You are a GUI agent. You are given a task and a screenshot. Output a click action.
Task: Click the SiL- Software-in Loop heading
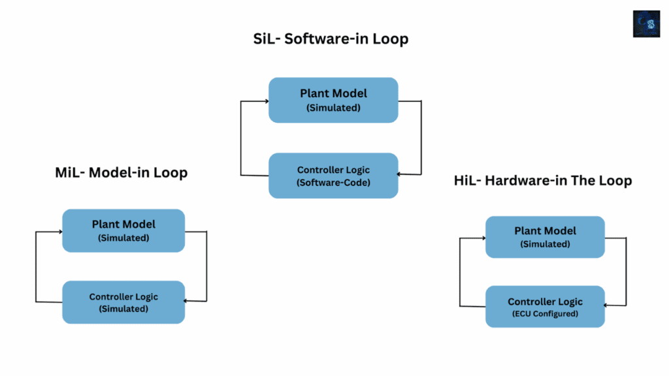(331, 39)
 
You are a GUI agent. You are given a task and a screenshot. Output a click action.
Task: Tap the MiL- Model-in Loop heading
(122, 173)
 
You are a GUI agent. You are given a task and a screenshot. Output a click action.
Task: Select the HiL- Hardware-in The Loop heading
(543, 180)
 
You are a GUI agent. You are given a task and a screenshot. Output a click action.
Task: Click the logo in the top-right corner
(646, 23)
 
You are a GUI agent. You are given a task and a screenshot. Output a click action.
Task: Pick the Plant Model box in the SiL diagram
(333, 100)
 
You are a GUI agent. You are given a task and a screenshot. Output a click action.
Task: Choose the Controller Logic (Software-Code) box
(333, 176)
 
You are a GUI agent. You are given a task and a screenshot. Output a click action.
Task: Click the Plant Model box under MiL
(123, 230)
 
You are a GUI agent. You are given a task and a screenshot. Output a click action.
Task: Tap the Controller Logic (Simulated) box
(123, 302)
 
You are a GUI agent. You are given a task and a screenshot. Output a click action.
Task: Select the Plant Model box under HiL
(545, 237)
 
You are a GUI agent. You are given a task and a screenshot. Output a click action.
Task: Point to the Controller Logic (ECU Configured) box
(545, 307)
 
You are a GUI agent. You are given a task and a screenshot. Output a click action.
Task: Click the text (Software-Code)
(333, 183)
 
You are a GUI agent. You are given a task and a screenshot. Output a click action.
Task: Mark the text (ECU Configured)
(545, 314)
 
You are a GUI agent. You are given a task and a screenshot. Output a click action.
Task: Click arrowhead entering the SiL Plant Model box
(266, 101)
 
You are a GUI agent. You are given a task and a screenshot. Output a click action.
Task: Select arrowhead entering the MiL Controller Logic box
(188, 301)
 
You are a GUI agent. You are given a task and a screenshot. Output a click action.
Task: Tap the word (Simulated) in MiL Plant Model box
(123, 238)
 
